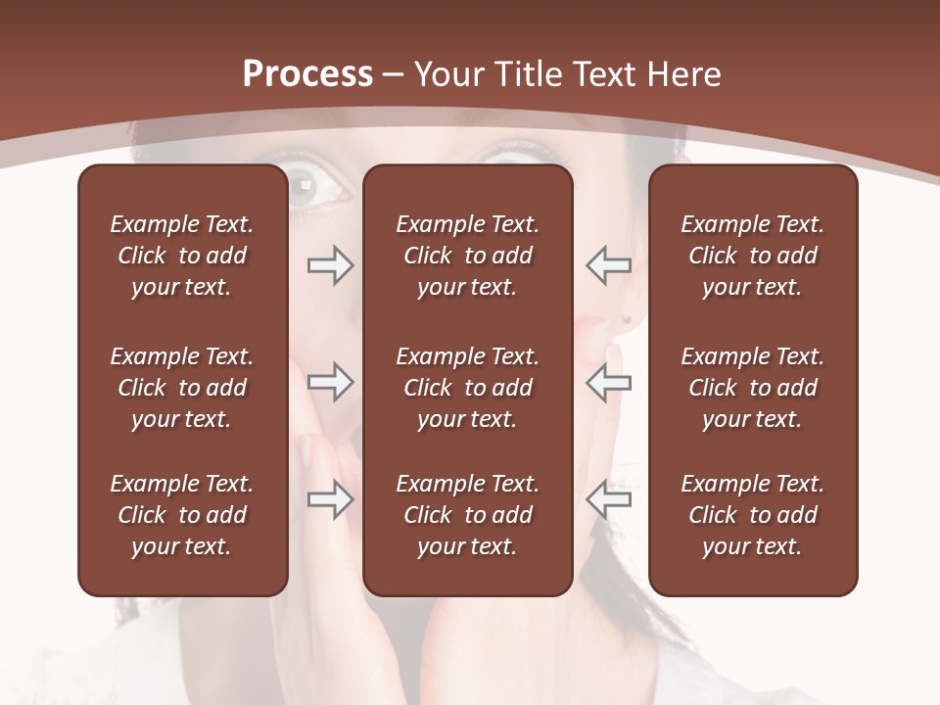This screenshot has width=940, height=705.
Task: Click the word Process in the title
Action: [307, 74]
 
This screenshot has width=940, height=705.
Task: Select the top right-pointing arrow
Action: [330, 265]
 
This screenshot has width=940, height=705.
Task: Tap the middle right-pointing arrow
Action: [330, 382]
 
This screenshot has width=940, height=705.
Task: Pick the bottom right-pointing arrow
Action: [330, 499]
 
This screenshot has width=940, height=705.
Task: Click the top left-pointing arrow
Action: [608, 265]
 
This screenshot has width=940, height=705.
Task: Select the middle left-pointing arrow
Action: [608, 382]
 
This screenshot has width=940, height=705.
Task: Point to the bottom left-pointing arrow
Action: [608, 499]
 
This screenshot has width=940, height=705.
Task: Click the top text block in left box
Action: [182, 256]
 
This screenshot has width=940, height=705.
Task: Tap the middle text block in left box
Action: [182, 388]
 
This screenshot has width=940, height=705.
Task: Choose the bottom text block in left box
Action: [182, 515]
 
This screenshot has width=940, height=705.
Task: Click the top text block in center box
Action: [467, 256]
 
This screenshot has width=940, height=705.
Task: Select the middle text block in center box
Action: [467, 388]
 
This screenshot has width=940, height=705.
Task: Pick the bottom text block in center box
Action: [467, 515]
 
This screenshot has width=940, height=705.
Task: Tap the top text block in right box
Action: [752, 256]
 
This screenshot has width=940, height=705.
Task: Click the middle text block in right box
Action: [752, 388]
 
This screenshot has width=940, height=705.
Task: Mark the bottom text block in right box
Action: [752, 515]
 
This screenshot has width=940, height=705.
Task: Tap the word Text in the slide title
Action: [606, 74]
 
